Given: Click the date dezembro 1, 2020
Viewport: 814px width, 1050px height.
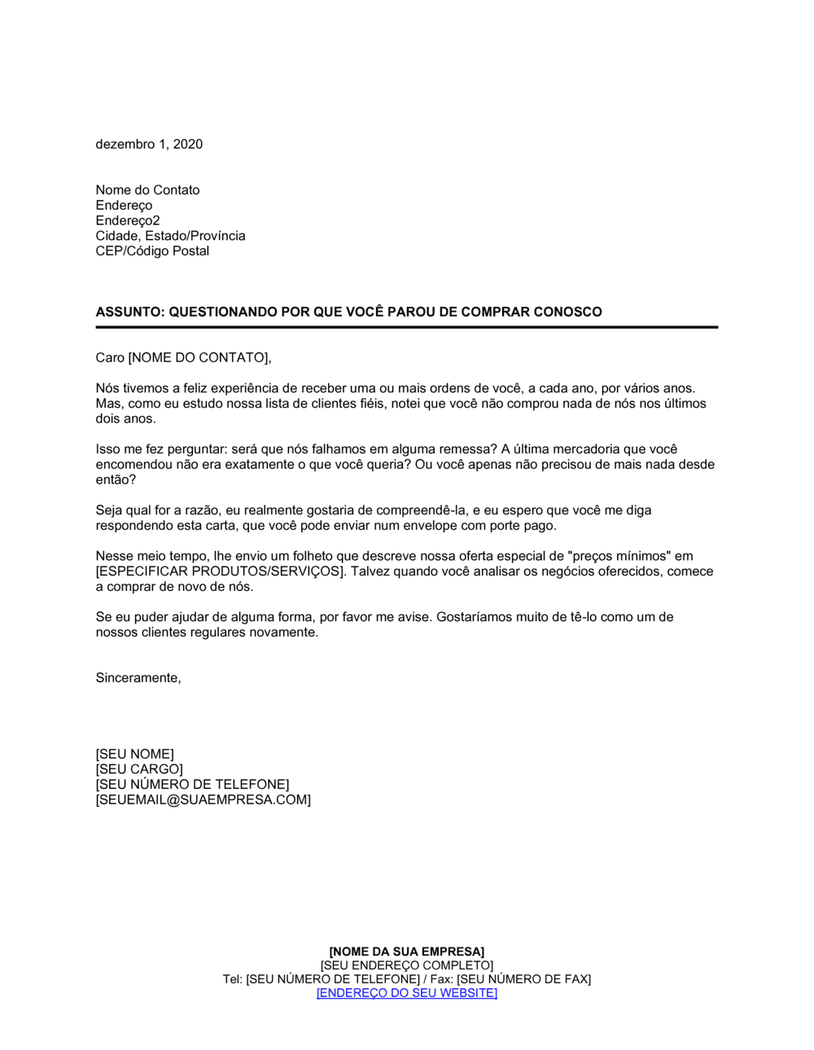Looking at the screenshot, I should point(149,144).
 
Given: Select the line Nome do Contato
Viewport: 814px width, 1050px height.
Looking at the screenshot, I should point(147,190).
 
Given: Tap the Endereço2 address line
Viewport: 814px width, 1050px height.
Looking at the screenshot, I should point(128,221).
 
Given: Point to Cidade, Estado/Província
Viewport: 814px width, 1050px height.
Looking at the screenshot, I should point(170,235).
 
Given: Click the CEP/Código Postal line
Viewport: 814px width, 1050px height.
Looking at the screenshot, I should point(152,251).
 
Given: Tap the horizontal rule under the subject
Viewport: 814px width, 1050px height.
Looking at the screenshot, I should point(407,327).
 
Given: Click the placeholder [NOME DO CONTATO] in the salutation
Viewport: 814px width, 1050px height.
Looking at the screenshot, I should point(199,357).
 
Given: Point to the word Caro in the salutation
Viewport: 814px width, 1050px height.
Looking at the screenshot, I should point(110,357).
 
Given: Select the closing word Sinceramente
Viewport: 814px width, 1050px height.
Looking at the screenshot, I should point(138,677).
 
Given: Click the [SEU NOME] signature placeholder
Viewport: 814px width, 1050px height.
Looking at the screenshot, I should point(134,754).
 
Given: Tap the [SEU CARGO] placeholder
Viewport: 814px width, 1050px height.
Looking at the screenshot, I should point(139,769).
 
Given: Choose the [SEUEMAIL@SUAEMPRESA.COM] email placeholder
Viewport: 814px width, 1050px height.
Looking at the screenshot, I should point(203,799).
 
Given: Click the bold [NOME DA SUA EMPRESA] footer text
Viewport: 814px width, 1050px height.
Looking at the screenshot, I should point(407,952).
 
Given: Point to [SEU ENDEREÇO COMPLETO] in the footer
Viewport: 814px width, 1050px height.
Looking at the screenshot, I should point(407,965).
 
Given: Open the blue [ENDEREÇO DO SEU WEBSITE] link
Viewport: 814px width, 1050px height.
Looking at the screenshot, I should point(407,993).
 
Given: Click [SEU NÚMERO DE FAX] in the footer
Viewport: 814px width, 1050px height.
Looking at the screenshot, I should point(523,979).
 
